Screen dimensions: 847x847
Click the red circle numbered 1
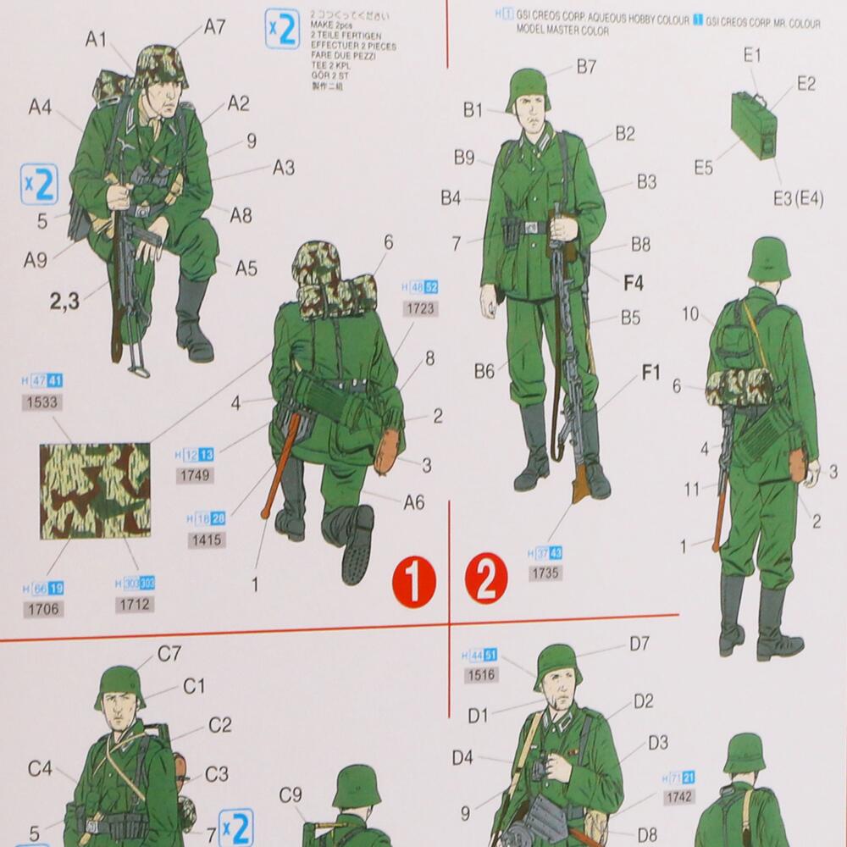click(x=413, y=584)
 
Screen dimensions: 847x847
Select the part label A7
click(x=214, y=26)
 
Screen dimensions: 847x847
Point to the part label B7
click(x=586, y=66)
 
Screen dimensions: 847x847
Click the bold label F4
click(x=633, y=283)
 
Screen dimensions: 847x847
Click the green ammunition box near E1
click(x=753, y=125)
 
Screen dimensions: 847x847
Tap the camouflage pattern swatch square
click(x=95, y=490)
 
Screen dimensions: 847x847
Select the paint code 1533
click(x=43, y=401)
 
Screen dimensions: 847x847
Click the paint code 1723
click(x=421, y=308)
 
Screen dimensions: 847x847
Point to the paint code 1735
click(x=545, y=573)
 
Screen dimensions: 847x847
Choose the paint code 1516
click(x=480, y=675)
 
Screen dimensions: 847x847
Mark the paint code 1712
click(x=135, y=604)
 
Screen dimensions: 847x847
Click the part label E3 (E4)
click(x=798, y=199)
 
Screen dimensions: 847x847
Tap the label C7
click(x=169, y=653)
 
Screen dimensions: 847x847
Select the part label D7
click(x=639, y=644)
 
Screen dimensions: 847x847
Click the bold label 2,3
click(x=65, y=301)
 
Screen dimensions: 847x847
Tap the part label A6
click(x=413, y=502)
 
